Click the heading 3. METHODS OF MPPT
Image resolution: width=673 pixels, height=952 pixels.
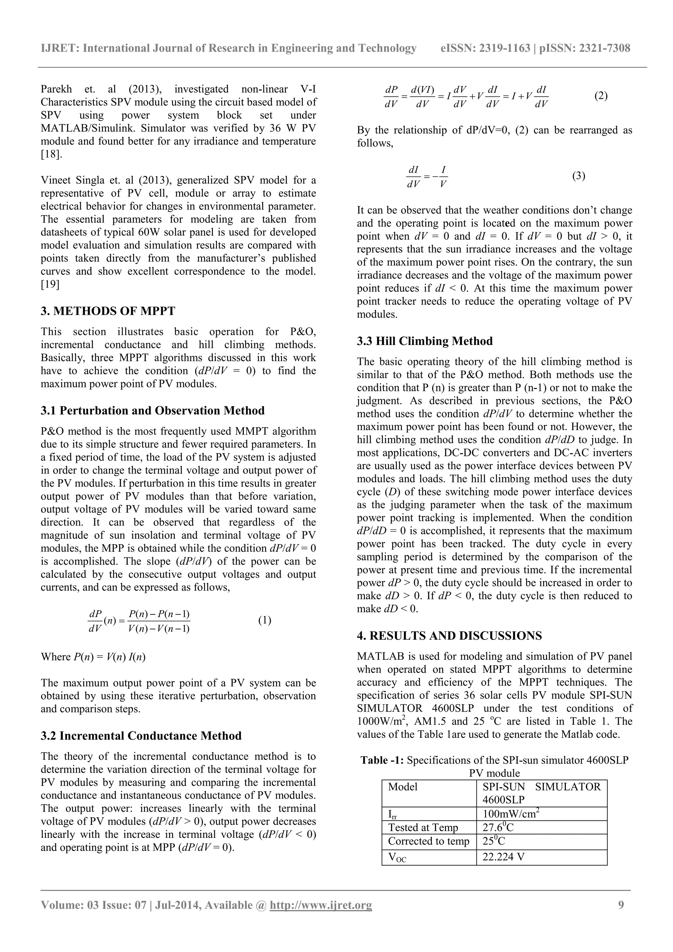[108, 311]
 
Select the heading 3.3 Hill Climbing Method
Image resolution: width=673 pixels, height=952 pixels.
[425, 341]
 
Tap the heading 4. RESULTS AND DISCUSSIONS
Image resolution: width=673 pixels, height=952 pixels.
[449, 636]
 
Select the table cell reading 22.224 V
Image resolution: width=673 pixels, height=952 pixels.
[503, 857]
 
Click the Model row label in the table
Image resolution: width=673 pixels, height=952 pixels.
[403, 787]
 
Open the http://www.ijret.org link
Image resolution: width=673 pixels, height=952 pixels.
[321, 916]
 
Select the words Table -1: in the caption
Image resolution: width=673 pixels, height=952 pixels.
[382, 760]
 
